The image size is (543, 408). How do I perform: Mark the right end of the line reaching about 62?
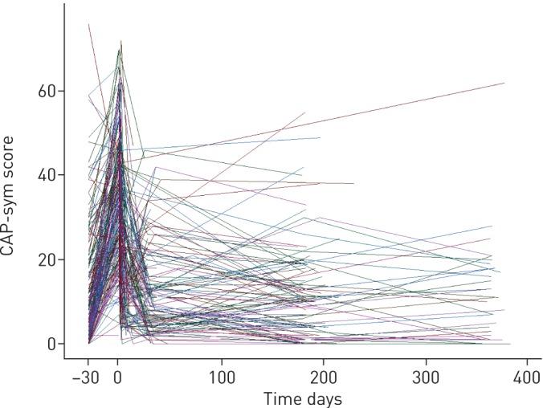504,83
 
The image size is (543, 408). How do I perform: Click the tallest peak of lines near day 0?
121,42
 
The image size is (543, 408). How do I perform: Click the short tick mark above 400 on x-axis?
528,361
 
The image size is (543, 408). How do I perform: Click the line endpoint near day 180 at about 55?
304,112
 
